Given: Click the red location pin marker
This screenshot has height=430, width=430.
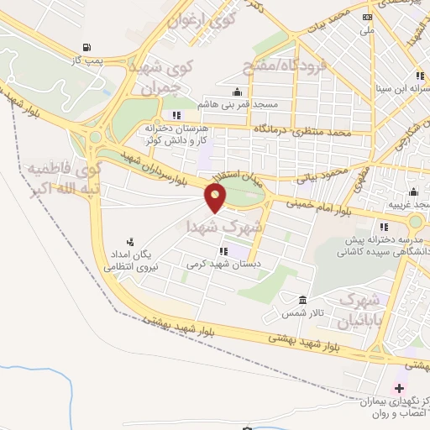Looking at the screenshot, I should (216, 198).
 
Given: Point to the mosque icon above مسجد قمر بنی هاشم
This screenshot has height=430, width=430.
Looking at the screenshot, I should (239, 92).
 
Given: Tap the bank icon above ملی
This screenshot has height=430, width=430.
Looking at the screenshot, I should (366, 17).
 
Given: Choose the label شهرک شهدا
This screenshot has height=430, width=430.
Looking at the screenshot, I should (225, 227).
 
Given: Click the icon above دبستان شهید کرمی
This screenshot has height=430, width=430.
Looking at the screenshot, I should (223, 250).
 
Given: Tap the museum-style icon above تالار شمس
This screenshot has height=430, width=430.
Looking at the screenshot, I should (303, 300).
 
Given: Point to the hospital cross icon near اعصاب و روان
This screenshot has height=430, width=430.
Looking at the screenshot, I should (399, 388).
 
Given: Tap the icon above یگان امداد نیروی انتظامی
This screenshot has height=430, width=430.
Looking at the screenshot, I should (129, 240).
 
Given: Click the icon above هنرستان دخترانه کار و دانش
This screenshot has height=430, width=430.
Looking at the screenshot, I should (176, 115).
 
